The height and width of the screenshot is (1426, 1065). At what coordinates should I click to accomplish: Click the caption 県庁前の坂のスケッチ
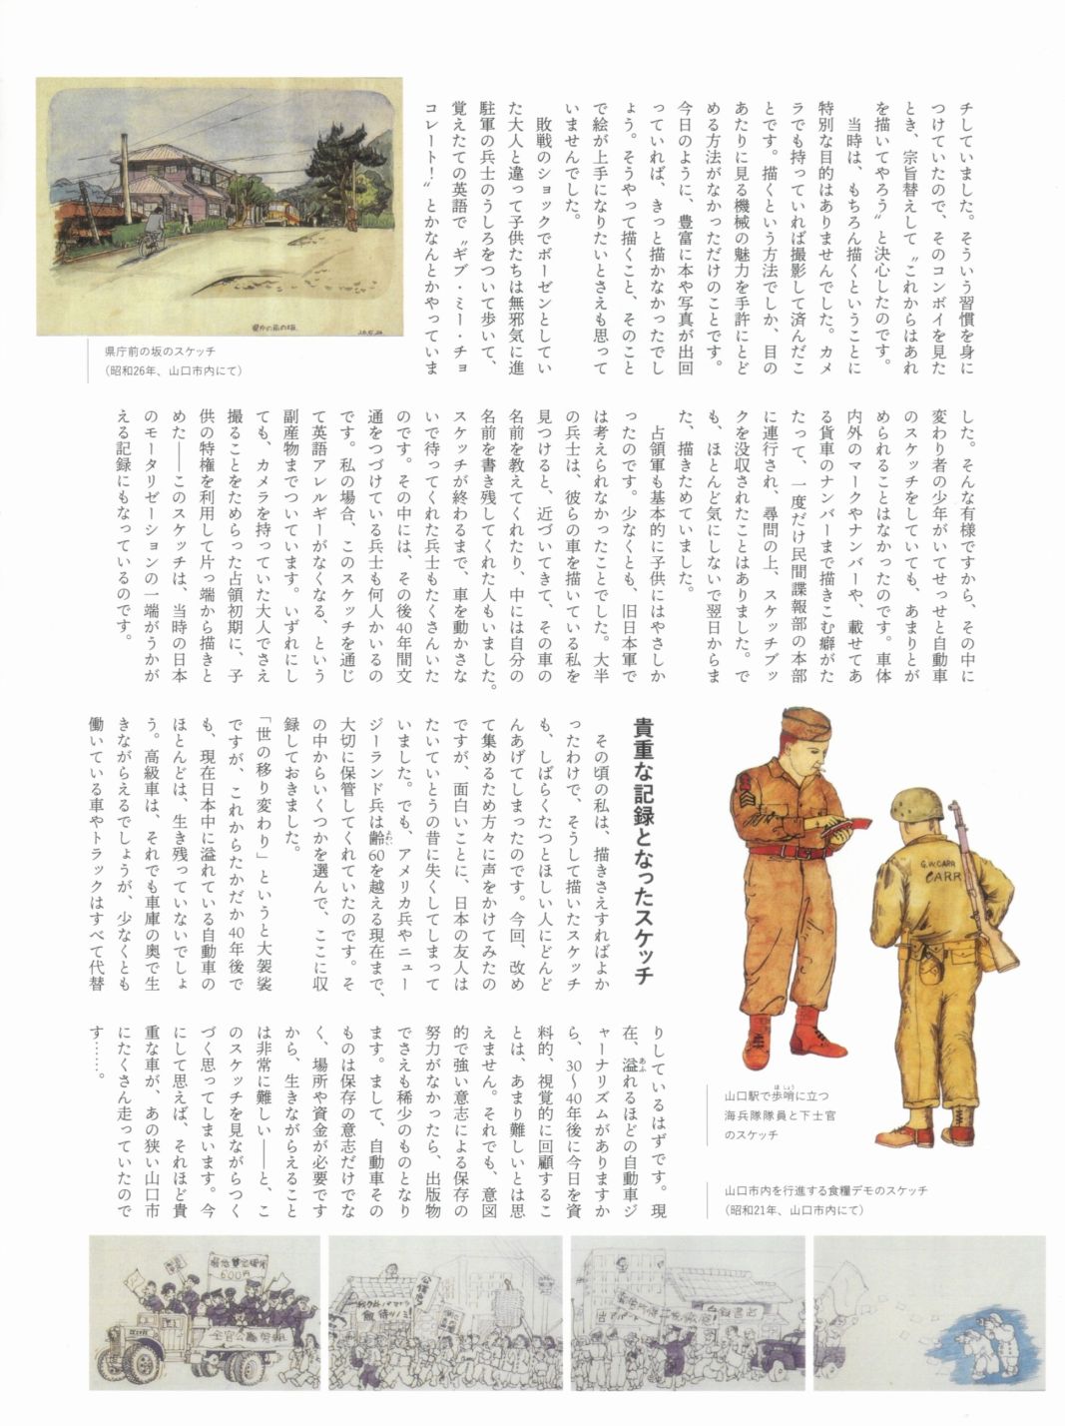[160, 352]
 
